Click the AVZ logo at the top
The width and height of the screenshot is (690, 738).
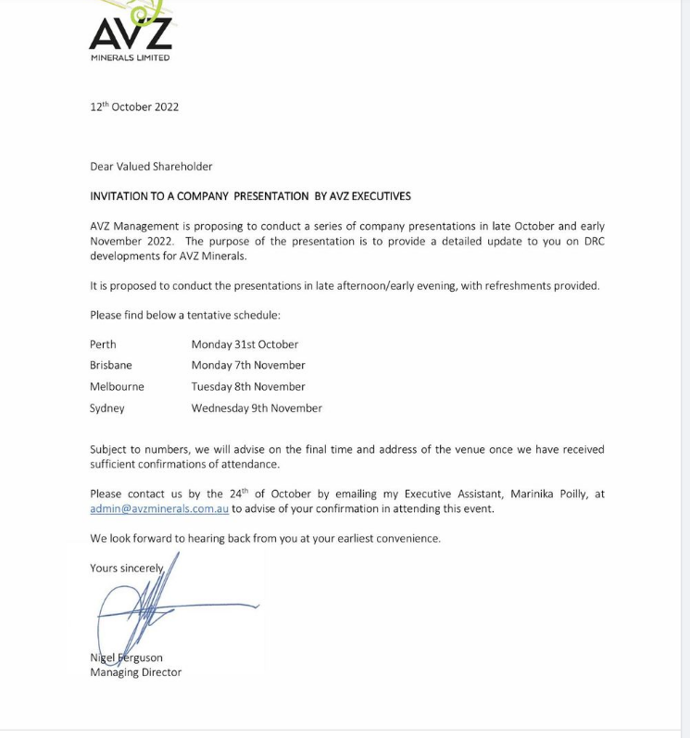click(131, 30)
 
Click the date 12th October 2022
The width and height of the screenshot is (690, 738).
click(134, 107)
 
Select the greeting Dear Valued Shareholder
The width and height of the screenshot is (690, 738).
click(151, 167)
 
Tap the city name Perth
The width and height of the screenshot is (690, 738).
click(103, 344)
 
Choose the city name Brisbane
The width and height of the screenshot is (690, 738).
click(111, 366)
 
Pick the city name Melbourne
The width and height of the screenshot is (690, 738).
click(117, 387)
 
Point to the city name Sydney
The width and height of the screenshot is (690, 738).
click(107, 408)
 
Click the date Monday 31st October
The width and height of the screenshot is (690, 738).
click(245, 344)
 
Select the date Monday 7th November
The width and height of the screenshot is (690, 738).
click(248, 366)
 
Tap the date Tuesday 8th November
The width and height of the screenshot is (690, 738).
click(248, 387)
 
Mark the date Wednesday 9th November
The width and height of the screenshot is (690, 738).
click(257, 408)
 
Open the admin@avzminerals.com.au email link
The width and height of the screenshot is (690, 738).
click(159, 509)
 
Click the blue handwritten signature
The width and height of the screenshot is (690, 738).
click(148, 607)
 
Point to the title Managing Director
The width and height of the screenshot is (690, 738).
click(135, 672)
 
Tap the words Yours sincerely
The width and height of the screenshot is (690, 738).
click(127, 569)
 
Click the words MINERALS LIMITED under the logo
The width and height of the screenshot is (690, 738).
click(130, 57)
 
